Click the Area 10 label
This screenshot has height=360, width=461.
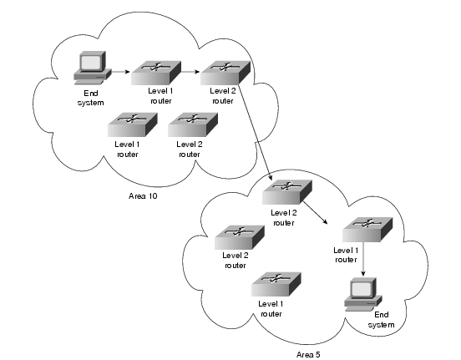pyautogui.click(x=143, y=196)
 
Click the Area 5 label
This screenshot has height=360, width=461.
pyautogui.click(x=308, y=355)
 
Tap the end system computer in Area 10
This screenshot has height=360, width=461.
pyautogui.click(x=93, y=68)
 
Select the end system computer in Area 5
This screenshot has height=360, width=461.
pyautogui.click(x=363, y=294)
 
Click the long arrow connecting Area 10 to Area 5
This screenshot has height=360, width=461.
pyautogui.click(x=256, y=132)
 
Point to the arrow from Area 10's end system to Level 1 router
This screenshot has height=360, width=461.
pyautogui.click(x=120, y=72)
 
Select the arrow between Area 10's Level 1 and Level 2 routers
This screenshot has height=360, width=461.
pyautogui.click(x=190, y=72)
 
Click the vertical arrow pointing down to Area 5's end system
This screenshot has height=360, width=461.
pyautogui.click(x=363, y=259)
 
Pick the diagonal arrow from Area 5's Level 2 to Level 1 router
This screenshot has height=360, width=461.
pyautogui.click(x=316, y=212)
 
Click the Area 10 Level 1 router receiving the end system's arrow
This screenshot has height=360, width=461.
pyautogui.click(x=156, y=73)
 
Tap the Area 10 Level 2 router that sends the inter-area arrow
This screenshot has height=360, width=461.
pyautogui.click(x=225, y=73)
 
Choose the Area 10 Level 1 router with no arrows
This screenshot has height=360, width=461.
pyautogui.click(x=133, y=124)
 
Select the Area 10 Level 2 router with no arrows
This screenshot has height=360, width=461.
pyautogui.click(x=193, y=124)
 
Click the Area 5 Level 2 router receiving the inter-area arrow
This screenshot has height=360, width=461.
pyautogui.click(x=287, y=192)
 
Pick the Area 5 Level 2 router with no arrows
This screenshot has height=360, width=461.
pyautogui.click(x=240, y=238)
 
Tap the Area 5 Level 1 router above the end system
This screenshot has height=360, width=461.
pyautogui.click(x=367, y=230)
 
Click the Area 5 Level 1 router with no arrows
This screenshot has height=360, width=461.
pyautogui.click(x=276, y=285)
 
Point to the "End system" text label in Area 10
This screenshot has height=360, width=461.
pyautogui.click(x=90, y=98)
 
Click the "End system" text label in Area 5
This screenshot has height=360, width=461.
pyautogui.click(x=381, y=320)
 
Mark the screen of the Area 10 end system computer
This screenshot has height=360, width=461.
pyautogui.click(x=91, y=62)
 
